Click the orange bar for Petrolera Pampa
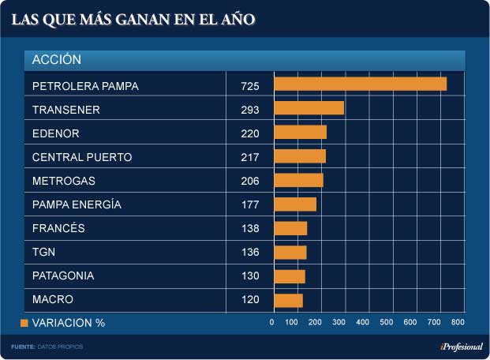pyautogui.click(x=360, y=84)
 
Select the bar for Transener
pyautogui.click(x=309, y=108)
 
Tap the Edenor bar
pyautogui.click(x=300, y=132)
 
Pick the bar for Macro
pyautogui.click(x=288, y=300)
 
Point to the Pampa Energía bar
pyautogui.click(x=295, y=204)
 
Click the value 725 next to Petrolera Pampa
pyautogui.click(x=250, y=85)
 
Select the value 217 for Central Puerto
pyautogui.click(x=250, y=157)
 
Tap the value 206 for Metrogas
pyautogui.click(x=250, y=181)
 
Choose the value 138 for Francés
pyautogui.click(x=250, y=228)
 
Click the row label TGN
pyautogui.click(x=43, y=253)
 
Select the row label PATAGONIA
pyautogui.click(x=63, y=276)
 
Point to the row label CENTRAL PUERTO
pyautogui.click(x=82, y=157)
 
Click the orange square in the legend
pyautogui.click(x=24, y=323)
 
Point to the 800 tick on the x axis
pyautogui.click(x=458, y=322)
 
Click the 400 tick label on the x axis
pyautogui.click(x=364, y=322)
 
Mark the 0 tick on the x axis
pyautogui.click(x=272, y=322)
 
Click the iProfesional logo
pyautogui.click(x=462, y=347)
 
